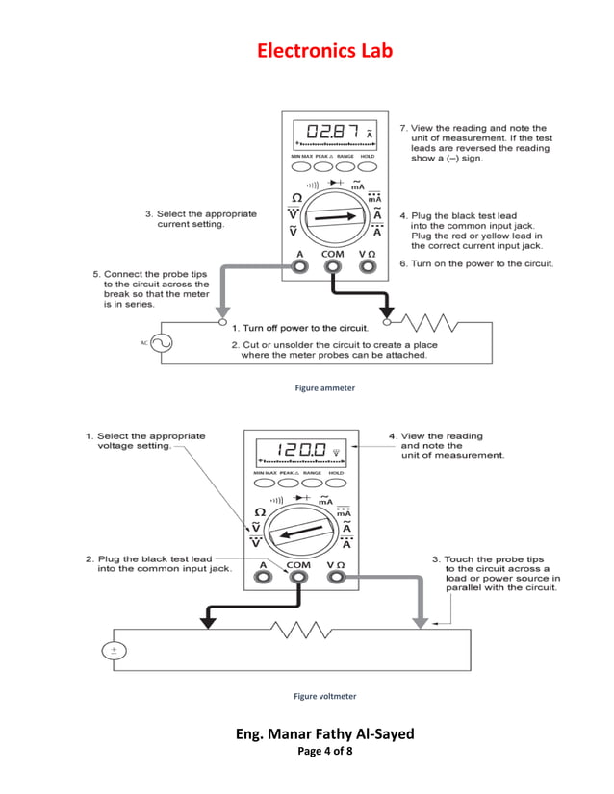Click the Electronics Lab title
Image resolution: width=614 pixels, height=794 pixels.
(x=324, y=51)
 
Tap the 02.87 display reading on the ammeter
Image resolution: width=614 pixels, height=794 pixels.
(x=330, y=132)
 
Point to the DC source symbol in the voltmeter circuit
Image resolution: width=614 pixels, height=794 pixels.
(x=114, y=651)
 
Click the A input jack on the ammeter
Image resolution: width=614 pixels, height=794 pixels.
(x=300, y=266)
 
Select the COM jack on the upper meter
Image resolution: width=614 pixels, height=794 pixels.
(x=332, y=266)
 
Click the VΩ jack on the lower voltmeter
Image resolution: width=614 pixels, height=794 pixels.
(x=337, y=578)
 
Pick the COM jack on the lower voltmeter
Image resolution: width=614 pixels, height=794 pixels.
(x=298, y=578)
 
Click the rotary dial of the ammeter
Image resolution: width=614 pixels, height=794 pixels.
(x=334, y=216)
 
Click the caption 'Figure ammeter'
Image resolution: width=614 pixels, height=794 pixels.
(x=324, y=388)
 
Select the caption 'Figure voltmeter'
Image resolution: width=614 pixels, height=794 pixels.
(x=324, y=696)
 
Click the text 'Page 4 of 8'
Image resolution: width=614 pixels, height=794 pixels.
(x=324, y=751)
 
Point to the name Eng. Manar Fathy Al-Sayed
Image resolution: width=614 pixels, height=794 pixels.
(x=324, y=733)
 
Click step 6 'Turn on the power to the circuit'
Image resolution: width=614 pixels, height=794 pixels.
(x=476, y=263)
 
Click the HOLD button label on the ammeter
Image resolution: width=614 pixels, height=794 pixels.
(x=368, y=156)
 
